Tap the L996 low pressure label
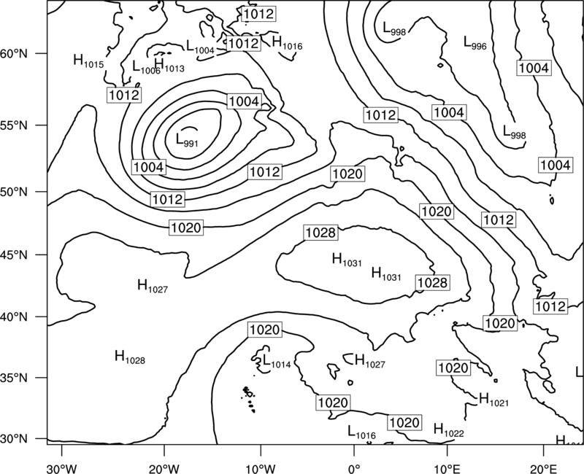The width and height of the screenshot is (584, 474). pyautogui.click(x=475, y=42)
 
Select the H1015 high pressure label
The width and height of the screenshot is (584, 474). pyautogui.click(x=88, y=61)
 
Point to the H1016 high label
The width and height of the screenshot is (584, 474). pyautogui.click(x=287, y=42)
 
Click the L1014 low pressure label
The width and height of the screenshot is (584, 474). pyautogui.click(x=277, y=361)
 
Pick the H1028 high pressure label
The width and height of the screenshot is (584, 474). pyautogui.click(x=130, y=357)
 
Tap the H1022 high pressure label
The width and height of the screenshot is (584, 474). pyautogui.click(x=449, y=430)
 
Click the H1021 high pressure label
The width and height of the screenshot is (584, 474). pyautogui.click(x=493, y=399)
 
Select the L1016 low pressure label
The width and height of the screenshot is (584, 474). pyautogui.click(x=361, y=432)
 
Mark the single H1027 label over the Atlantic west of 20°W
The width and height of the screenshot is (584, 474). pyautogui.click(x=153, y=285)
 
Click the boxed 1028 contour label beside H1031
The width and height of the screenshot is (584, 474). pyautogui.click(x=432, y=283)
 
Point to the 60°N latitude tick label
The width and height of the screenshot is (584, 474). pyautogui.click(x=14, y=53)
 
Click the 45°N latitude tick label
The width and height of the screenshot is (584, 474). pyautogui.click(x=14, y=255)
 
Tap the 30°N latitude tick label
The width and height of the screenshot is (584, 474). pyautogui.click(x=14, y=439)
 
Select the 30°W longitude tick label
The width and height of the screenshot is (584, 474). pyautogui.click(x=61, y=469)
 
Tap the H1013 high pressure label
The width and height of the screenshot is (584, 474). pyautogui.click(x=169, y=65)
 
